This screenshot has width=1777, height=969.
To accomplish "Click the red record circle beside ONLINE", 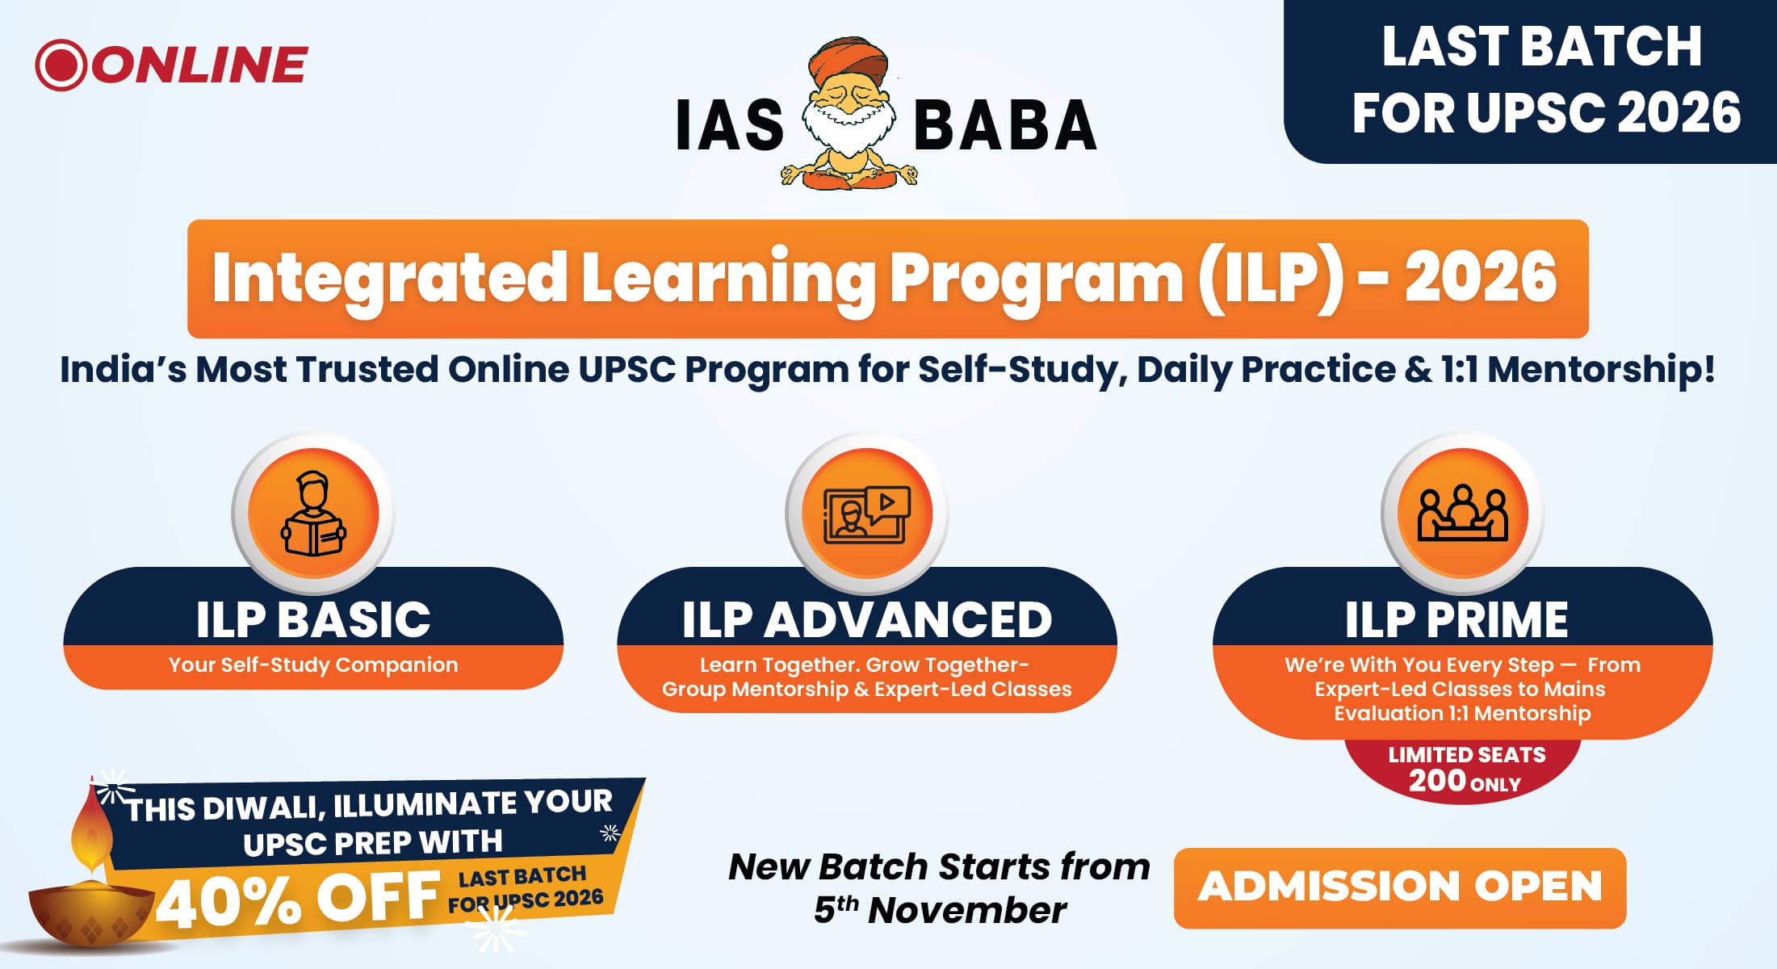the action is click(x=61, y=65).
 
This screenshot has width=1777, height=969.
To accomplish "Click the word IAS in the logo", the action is click(x=730, y=126).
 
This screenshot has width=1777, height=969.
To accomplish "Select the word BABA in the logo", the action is click(x=1005, y=126).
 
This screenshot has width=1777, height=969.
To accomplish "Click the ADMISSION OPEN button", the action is click(x=1399, y=887).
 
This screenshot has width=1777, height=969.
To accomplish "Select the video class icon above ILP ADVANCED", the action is click(x=866, y=514).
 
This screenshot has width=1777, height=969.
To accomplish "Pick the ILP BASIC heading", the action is click(x=313, y=619).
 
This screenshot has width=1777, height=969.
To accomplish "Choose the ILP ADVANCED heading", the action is click(x=867, y=619).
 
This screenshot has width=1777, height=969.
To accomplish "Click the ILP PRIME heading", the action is click(x=1456, y=619).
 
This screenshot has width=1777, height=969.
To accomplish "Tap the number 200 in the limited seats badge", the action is click(x=1437, y=781).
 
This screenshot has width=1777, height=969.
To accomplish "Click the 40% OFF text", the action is click(x=299, y=899).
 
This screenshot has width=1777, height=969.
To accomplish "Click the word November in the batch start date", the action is click(x=966, y=911).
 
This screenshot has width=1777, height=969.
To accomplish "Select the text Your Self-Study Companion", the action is click(x=313, y=665).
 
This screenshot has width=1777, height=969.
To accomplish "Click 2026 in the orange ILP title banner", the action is click(x=1481, y=277).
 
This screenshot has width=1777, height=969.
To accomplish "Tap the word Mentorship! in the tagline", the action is click(x=1601, y=370).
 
